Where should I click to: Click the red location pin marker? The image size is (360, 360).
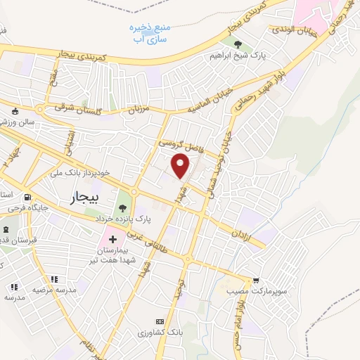point(181,166)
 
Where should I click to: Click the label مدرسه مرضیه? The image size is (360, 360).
point(49,288)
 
